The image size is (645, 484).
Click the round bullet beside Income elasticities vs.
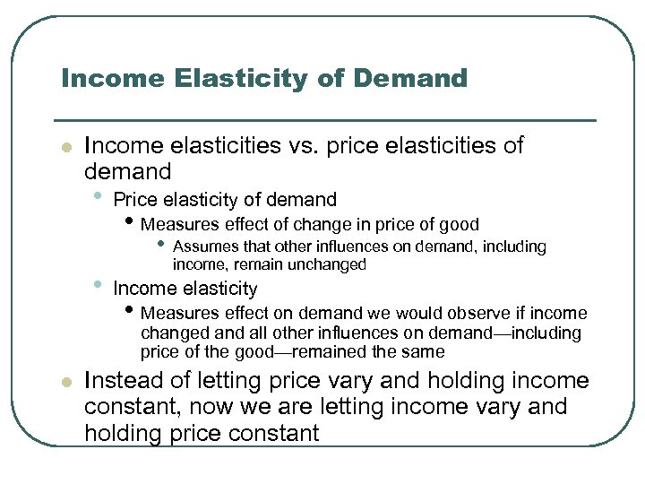[65, 146]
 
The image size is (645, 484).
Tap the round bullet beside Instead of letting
[65, 382]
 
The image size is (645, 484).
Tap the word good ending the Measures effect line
[460, 224]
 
